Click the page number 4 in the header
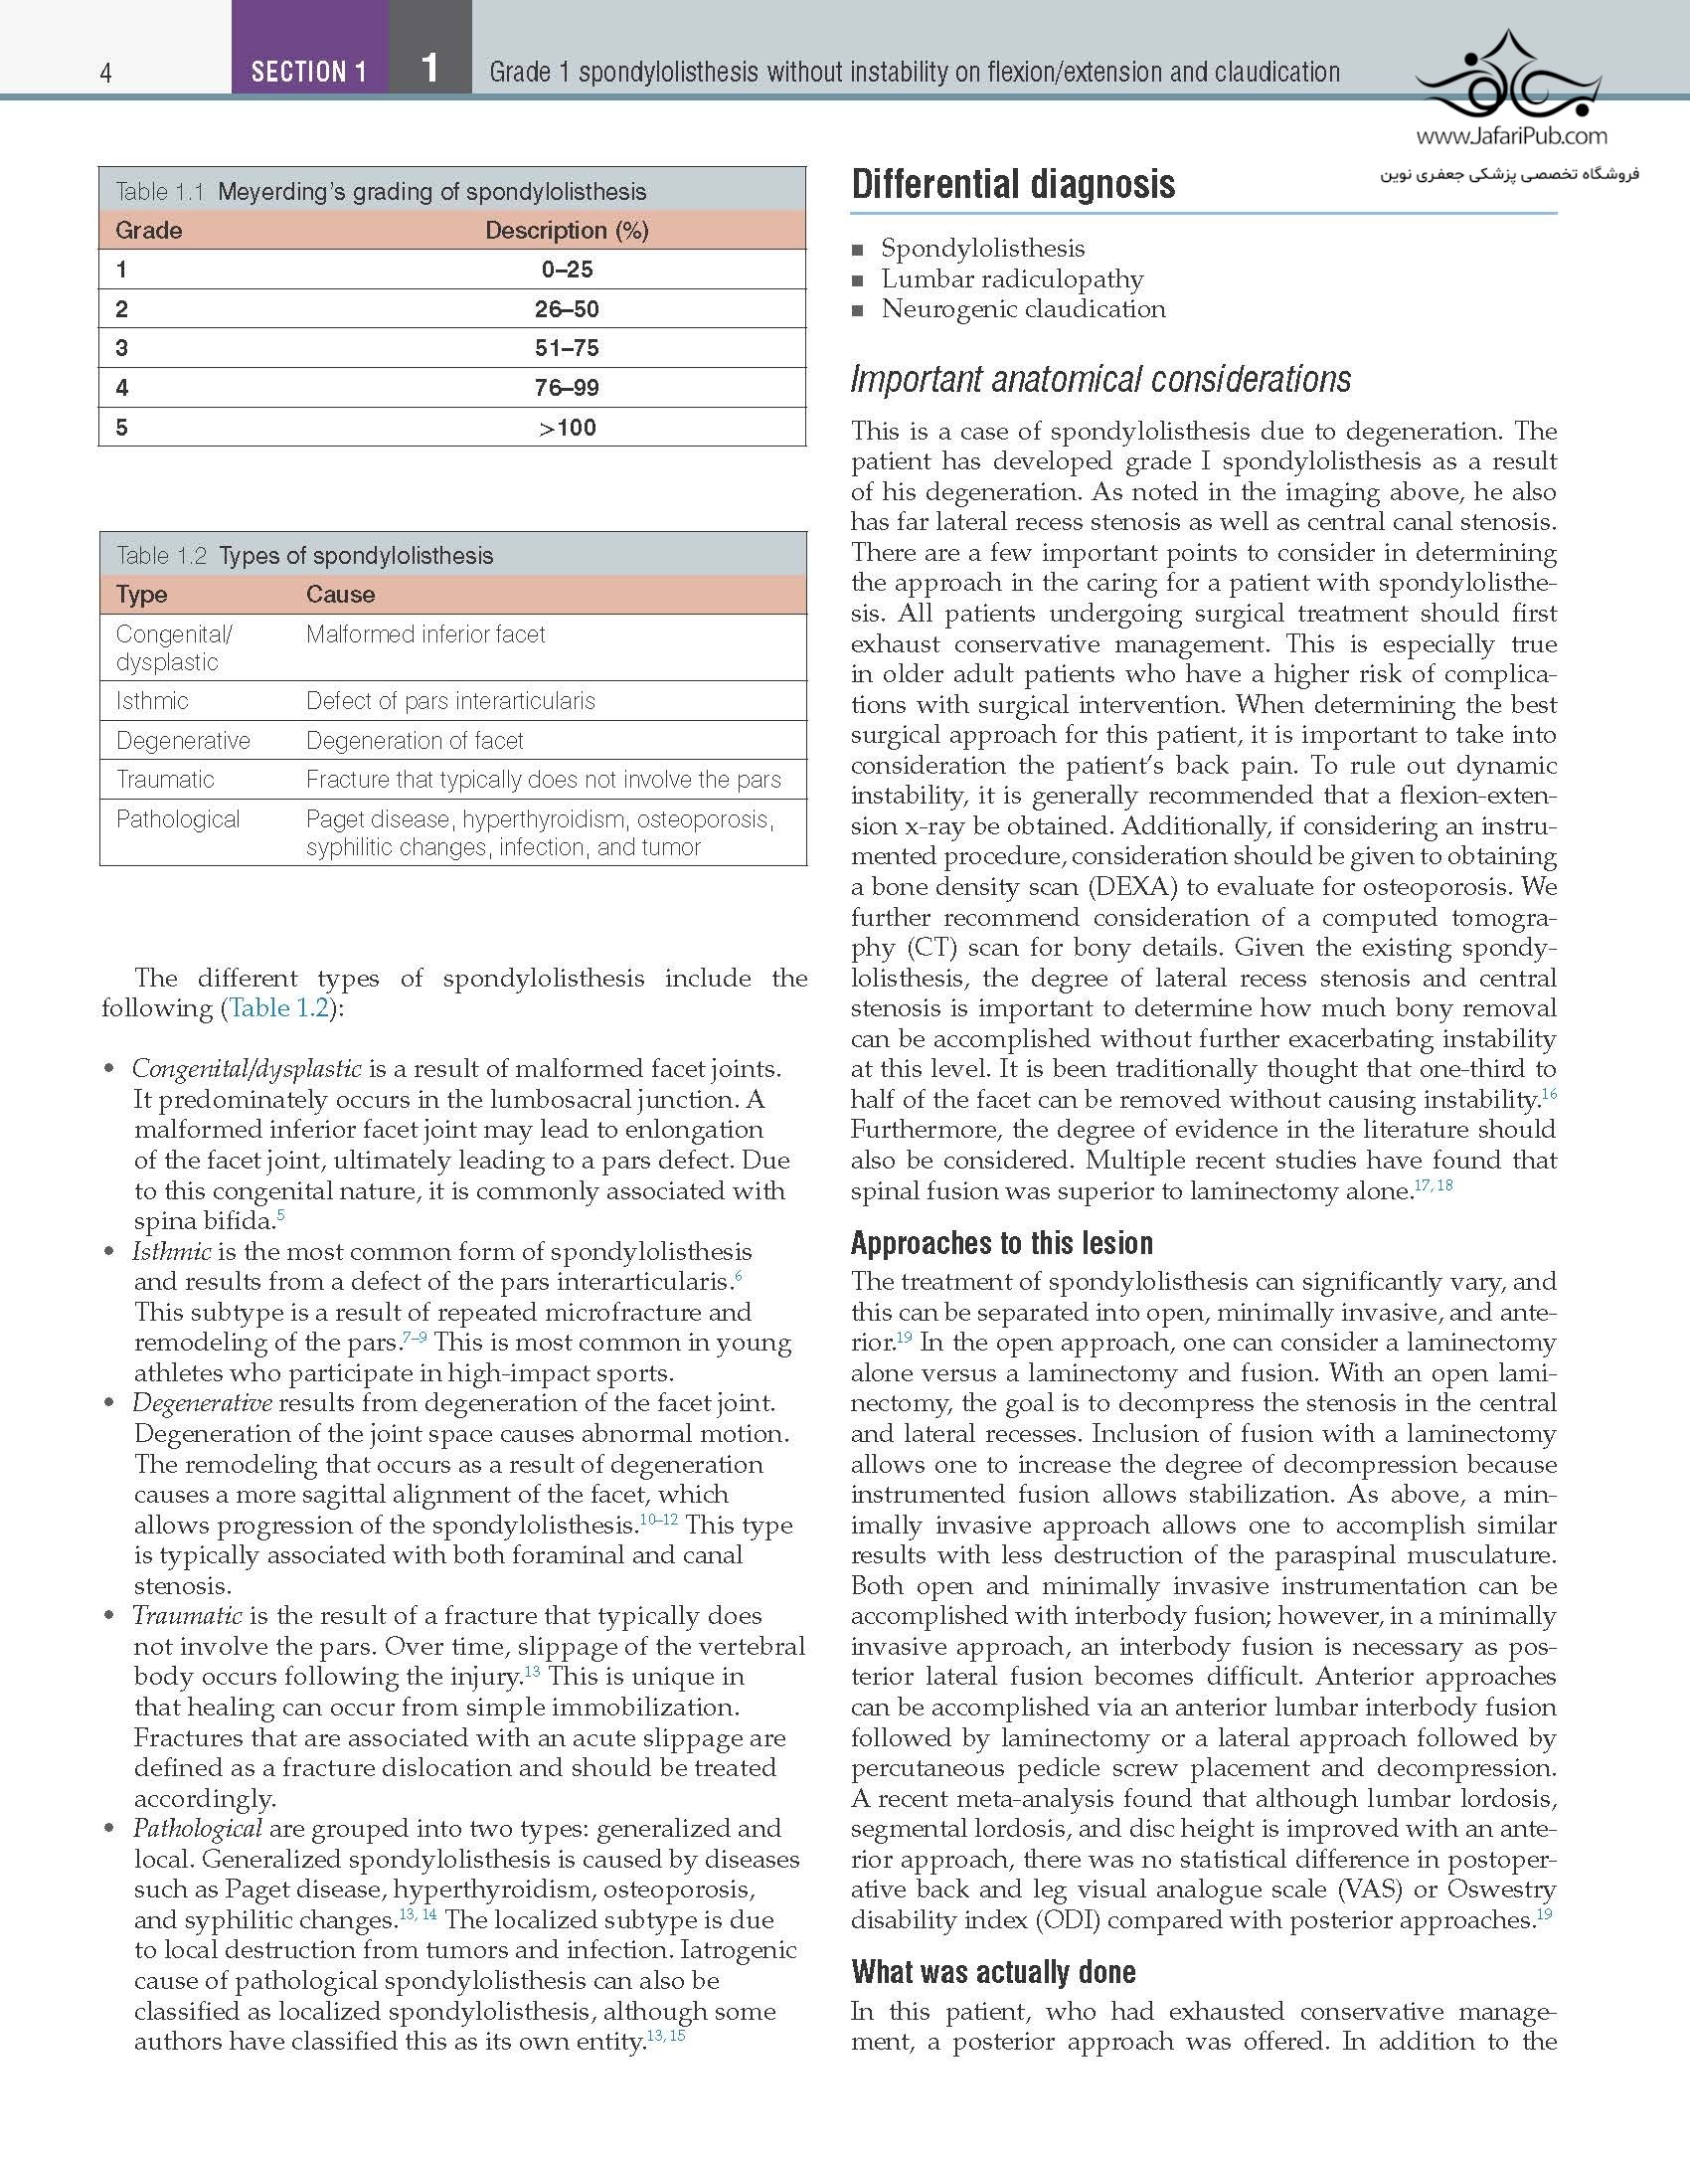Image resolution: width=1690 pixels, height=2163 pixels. (105, 73)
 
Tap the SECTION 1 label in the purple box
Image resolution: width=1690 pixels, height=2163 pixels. (308, 72)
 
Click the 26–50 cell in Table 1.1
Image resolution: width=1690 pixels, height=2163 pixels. (567, 309)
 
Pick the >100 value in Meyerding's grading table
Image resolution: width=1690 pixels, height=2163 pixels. (567, 428)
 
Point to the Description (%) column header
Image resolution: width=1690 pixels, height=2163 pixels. (567, 231)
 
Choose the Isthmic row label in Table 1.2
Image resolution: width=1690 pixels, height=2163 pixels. (152, 701)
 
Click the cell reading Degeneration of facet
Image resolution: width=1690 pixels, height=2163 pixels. (415, 741)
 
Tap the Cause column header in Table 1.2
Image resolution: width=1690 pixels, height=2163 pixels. (340, 595)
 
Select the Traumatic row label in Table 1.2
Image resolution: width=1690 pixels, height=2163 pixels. (165, 780)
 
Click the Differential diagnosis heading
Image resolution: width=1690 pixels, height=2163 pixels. (1013, 185)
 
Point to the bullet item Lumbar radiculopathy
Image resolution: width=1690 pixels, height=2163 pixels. (1012, 279)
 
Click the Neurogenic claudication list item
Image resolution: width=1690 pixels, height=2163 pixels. (1023, 309)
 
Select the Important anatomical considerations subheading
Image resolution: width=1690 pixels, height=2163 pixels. (1100, 379)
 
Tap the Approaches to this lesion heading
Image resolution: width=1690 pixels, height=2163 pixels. (1001, 1243)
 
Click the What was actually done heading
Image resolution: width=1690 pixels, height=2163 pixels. (993, 1972)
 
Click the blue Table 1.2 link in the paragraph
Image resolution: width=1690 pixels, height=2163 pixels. (278, 1008)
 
